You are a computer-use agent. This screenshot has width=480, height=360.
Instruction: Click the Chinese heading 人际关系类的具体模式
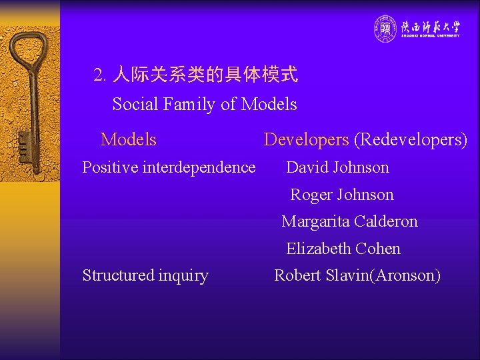pyautogui.click(x=205, y=75)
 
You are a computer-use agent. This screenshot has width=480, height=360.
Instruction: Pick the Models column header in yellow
pyautogui.click(x=129, y=139)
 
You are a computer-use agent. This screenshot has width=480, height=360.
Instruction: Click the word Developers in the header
pyautogui.click(x=306, y=139)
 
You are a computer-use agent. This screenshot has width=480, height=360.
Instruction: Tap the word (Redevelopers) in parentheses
pyautogui.click(x=411, y=139)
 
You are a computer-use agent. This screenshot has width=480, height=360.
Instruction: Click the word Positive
pyautogui.click(x=110, y=167)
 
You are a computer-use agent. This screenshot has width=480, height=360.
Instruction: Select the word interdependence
pyautogui.click(x=199, y=167)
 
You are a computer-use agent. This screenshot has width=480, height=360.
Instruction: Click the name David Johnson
pyautogui.click(x=337, y=167)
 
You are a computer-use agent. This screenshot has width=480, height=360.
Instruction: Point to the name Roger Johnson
pyautogui.click(x=342, y=195)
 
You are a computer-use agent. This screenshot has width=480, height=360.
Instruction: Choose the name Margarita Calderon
pyautogui.click(x=349, y=221)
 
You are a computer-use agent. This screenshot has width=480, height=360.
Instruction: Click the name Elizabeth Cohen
pyautogui.click(x=343, y=249)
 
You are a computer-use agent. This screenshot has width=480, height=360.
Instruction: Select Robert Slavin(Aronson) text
pyautogui.click(x=357, y=275)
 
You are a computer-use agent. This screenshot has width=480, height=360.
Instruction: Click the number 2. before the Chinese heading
pyautogui.click(x=100, y=75)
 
